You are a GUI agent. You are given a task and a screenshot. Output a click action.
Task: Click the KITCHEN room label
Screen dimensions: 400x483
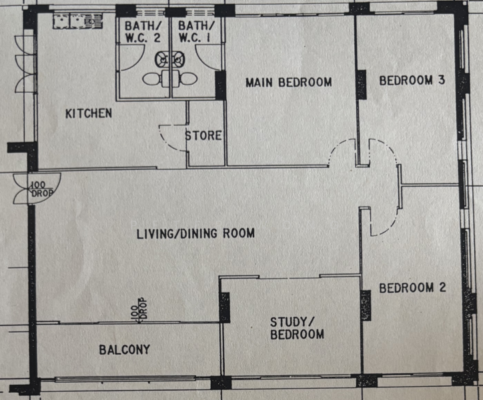point(88,113)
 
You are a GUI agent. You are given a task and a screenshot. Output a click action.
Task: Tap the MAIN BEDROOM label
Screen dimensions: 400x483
point(288,83)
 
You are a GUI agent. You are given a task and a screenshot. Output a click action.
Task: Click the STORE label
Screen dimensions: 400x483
point(203,136)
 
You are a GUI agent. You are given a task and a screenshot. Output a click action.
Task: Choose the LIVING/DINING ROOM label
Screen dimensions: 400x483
point(195,233)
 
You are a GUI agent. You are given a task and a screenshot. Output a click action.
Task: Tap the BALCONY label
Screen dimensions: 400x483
point(124,349)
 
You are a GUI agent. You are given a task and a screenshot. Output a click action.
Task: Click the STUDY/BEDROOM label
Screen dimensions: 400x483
point(297,328)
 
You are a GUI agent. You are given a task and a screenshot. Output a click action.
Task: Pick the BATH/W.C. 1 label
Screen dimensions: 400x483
point(195,33)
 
